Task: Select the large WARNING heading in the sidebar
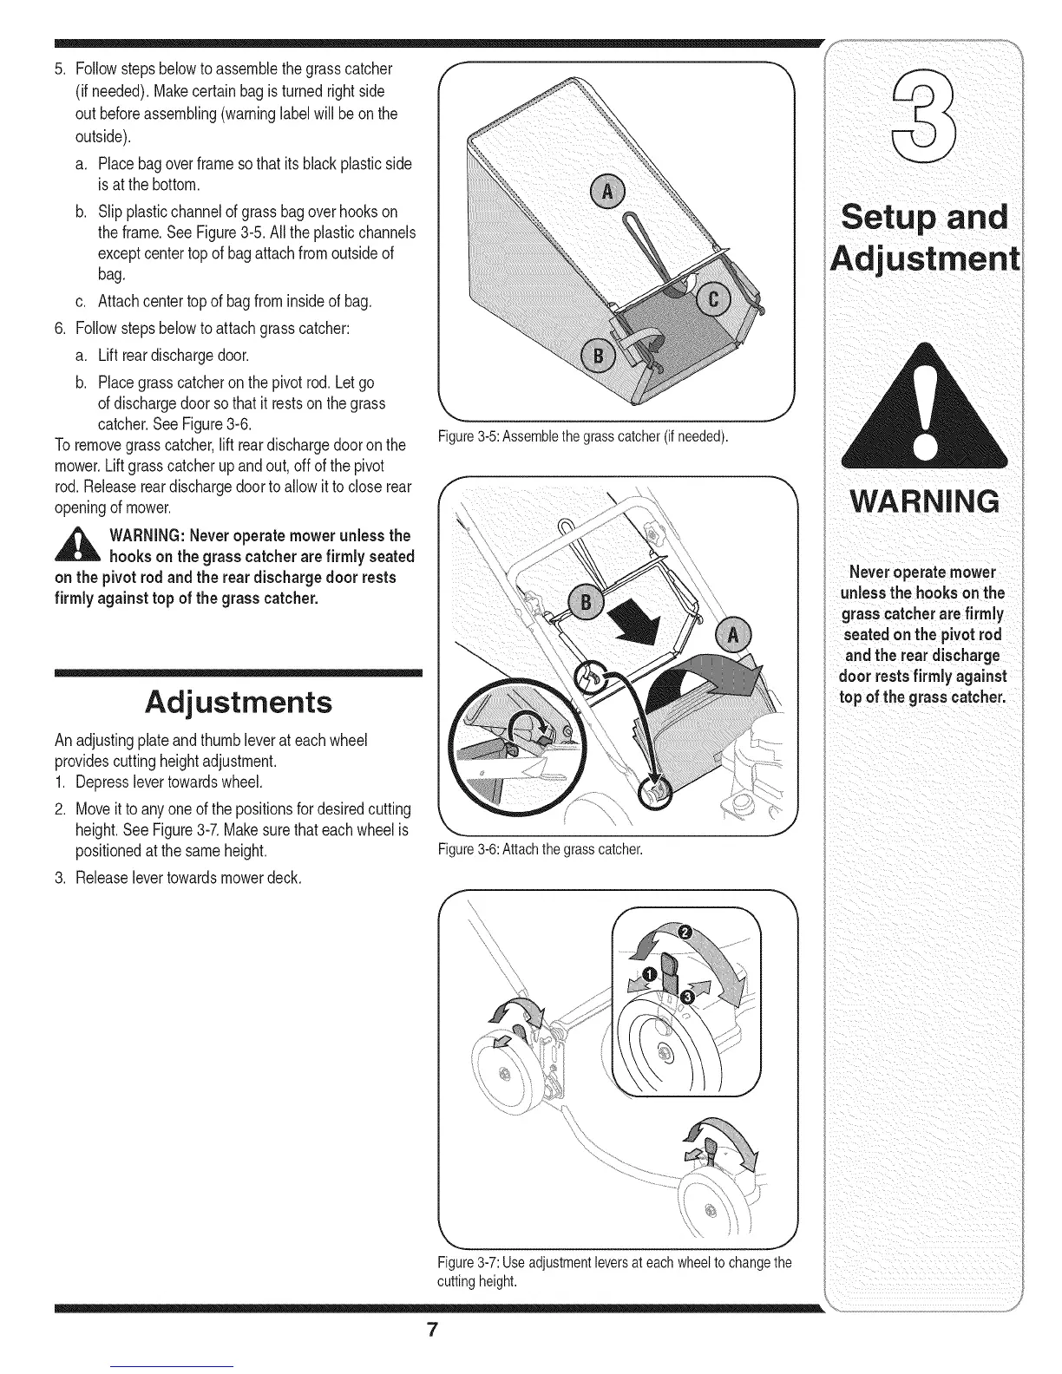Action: point(926,501)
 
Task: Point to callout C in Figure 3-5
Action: point(715,300)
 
